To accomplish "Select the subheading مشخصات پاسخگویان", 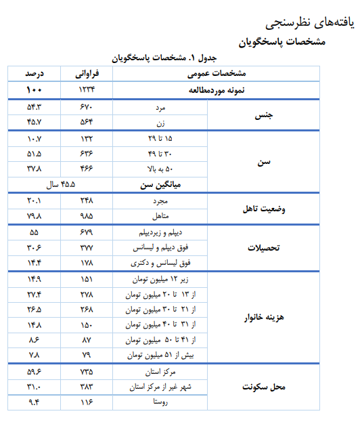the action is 283,41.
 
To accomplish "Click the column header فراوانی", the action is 87,73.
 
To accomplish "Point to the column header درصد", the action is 35,73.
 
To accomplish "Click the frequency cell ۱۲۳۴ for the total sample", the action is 87,89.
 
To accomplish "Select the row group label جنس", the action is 263,114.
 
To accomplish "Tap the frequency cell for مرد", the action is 87,106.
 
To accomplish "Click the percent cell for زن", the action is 35,123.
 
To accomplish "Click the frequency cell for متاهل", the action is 87,216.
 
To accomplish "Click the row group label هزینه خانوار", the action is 263,317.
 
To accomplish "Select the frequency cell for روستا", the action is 87,403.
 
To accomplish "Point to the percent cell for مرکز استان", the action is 35,371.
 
